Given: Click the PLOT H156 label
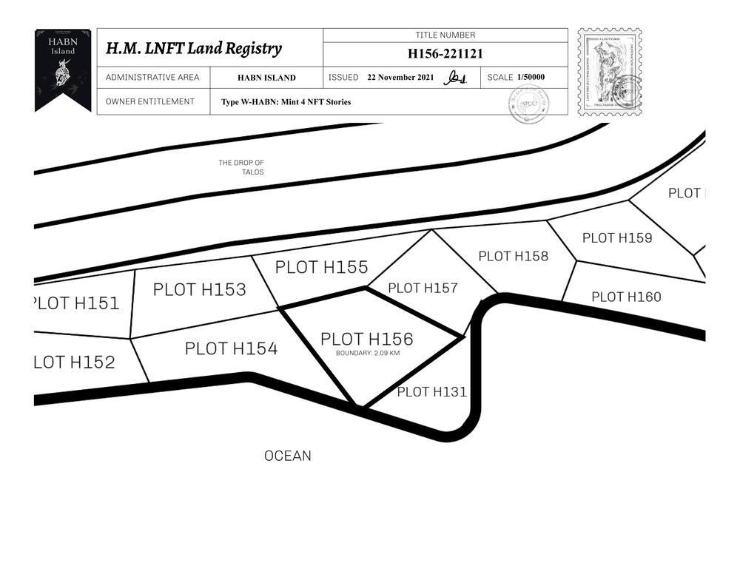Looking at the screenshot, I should pyautogui.click(x=366, y=340).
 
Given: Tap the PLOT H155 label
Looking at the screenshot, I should pyautogui.click(x=321, y=267).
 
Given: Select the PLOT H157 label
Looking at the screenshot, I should pyautogui.click(x=423, y=289).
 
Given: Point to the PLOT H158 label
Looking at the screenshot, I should pyautogui.click(x=513, y=256).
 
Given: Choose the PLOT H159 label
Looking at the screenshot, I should pyautogui.click(x=616, y=237).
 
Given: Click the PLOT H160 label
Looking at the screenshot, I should pyautogui.click(x=626, y=297).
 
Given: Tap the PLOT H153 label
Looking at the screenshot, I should pyautogui.click(x=199, y=289).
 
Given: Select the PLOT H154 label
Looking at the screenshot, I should pyautogui.click(x=231, y=348).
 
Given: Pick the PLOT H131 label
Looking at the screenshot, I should pyautogui.click(x=431, y=392).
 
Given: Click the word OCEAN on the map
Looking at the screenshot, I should pyautogui.click(x=288, y=456).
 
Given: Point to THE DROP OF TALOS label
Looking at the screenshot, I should pyautogui.click(x=242, y=167).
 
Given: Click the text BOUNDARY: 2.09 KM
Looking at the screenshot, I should pyautogui.click(x=368, y=354).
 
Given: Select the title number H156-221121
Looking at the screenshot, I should pyautogui.click(x=445, y=53).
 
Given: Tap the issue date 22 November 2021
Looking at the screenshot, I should pyautogui.click(x=400, y=78).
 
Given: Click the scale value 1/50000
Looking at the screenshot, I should pyautogui.click(x=531, y=77).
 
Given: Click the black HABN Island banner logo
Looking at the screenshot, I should pyautogui.click(x=63, y=69).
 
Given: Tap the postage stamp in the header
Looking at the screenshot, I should pyautogui.click(x=609, y=72).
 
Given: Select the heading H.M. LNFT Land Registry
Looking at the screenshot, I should pyautogui.click(x=194, y=49).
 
